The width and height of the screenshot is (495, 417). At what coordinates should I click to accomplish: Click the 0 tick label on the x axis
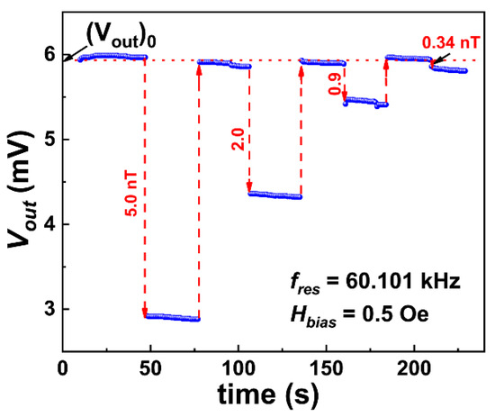pos(62,369)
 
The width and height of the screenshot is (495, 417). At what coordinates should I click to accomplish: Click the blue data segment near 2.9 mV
pos(172,317)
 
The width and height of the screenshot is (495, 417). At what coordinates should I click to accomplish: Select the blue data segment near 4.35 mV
pos(275,195)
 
